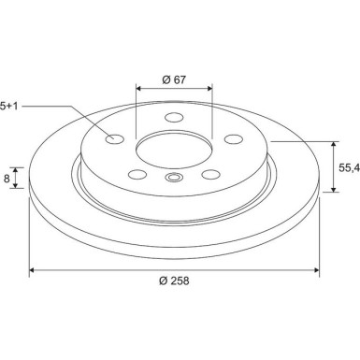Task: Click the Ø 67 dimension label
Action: tap(174, 79)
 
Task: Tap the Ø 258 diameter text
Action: tap(174, 281)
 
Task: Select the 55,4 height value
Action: tap(349, 168)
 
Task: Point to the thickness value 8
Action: tap(7, 179)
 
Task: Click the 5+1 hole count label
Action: tap(8, 106)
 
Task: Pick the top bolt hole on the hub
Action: tap(174, 118)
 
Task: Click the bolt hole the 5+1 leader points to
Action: tap(115, 139)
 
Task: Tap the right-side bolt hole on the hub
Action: tap(234, 139)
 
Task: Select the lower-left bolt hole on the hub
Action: tap(137, 174)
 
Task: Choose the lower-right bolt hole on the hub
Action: tap(211, 174)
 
